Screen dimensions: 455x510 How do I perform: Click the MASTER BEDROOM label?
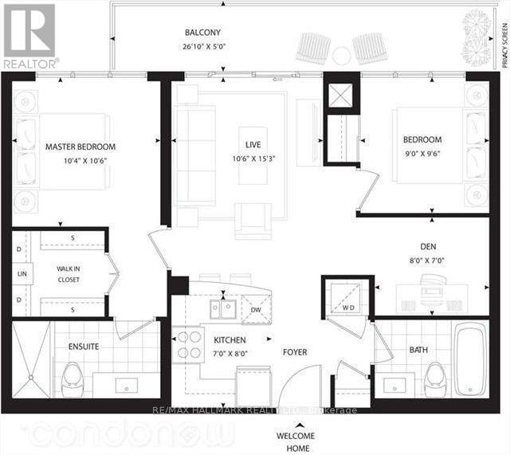pos(80,147)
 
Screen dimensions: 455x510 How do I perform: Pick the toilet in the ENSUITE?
pos(73,375)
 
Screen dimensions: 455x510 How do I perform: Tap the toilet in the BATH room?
pos(436,376)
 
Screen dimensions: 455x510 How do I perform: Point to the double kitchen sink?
pos(223,308)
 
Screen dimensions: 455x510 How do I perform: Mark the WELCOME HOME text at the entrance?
pos(294,441)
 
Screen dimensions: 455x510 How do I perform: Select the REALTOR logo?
pos(29,37)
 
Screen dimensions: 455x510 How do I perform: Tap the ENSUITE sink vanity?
pos(128,386)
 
